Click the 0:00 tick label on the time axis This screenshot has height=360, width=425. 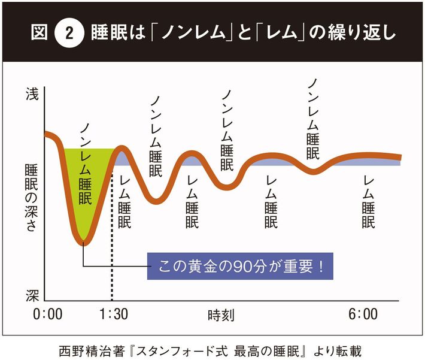(x=48, y=315)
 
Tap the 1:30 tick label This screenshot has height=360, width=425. (x=111, y=315)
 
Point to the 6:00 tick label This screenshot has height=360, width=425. (x=363, y=315)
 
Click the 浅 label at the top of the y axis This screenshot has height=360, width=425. (x=32, y=94)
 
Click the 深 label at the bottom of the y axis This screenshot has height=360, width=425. (x=32, y=295)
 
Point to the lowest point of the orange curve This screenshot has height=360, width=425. (x=84, y=242)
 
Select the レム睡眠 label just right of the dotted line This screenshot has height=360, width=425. (x=125, y=202)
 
